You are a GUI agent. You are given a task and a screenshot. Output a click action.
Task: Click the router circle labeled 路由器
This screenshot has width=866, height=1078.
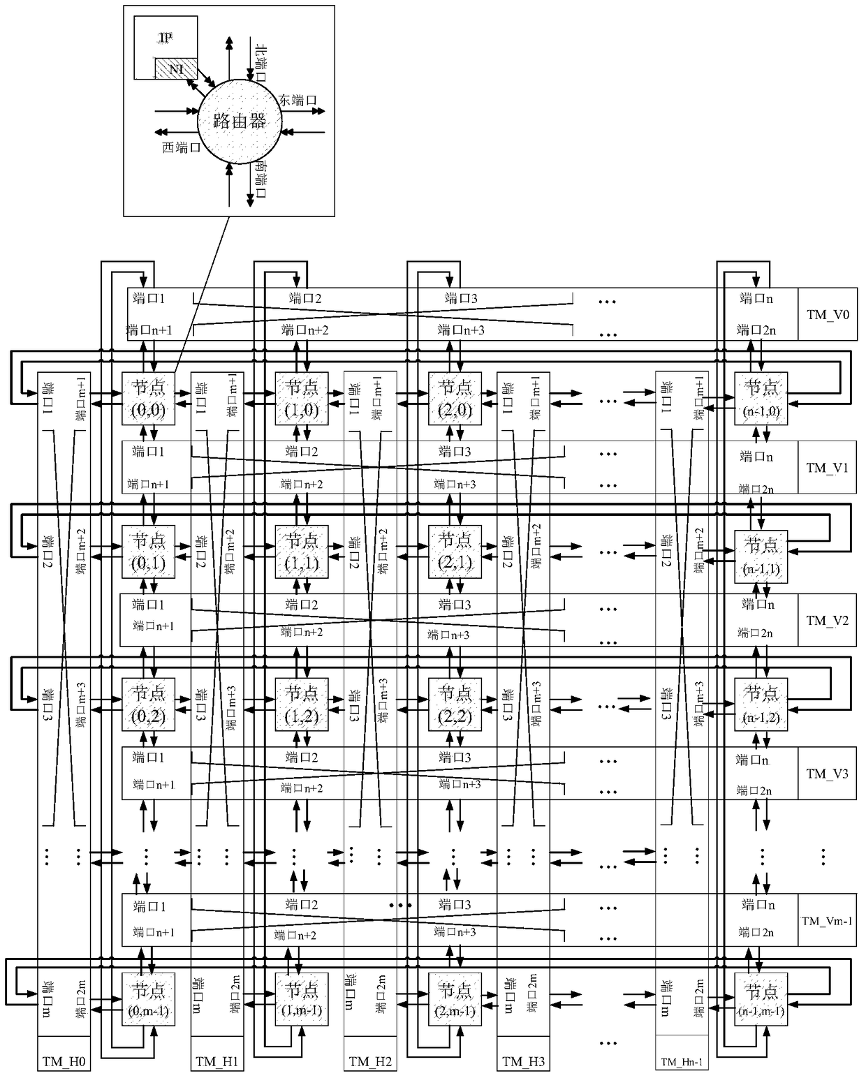(x=240, y=121)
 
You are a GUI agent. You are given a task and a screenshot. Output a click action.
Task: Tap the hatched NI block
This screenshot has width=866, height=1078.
(x=176, y=68)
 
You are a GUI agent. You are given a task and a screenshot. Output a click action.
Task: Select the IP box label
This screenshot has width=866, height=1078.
(x=165, y=37)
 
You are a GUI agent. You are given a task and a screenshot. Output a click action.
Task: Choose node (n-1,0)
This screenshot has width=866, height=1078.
(x=761, y=398)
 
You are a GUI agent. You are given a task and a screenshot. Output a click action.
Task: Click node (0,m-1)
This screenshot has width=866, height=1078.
(x=148, y=999)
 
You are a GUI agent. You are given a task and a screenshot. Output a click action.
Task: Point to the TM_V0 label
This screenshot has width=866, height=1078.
(x=828, y=314)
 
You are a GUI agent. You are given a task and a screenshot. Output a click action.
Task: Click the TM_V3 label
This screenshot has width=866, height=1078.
(x=827, y=774)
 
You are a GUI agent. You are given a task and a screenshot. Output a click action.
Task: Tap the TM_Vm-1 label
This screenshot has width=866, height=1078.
(x=827, y=921)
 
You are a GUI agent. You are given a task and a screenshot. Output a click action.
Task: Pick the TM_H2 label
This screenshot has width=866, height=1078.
(x=370, y=1062)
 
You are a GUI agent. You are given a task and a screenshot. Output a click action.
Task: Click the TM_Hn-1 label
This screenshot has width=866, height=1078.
(x=682, y=1063)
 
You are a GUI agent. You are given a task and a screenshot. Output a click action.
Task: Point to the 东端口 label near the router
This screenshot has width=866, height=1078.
(x=298, y=100)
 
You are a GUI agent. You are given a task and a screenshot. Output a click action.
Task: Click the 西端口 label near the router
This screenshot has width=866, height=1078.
(x=182, y=147)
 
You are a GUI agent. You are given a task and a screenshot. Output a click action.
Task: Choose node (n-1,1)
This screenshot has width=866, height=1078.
(x=761, y=554)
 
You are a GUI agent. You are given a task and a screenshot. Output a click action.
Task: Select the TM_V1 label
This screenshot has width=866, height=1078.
(x=827, y=468)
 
